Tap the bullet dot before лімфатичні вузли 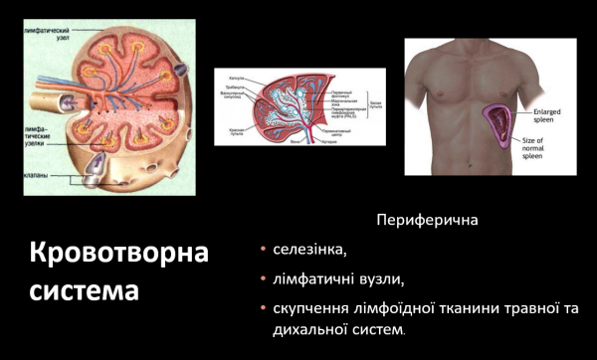tap(262, 279)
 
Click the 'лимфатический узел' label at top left tap(41, 35)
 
